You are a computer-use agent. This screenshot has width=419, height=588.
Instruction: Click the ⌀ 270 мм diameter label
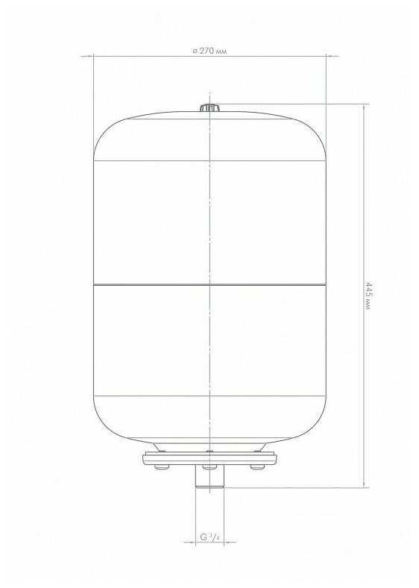210,51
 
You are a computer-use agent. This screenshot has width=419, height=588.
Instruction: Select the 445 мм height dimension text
368,295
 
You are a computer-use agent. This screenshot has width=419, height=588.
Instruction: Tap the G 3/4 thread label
209,537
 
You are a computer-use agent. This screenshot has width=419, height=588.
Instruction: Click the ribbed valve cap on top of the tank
209,107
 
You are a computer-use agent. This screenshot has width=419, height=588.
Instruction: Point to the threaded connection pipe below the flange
210,477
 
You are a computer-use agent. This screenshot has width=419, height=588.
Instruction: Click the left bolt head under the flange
162,467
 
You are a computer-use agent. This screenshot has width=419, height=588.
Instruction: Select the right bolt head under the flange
257,467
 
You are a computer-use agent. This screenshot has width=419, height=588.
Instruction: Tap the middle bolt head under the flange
209,467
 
